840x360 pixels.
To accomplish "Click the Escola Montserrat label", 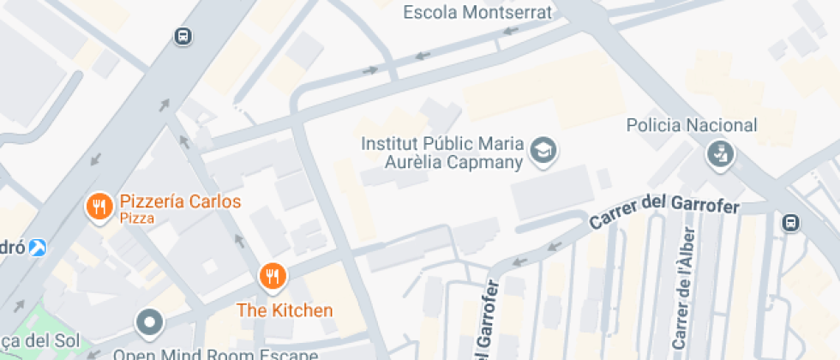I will (477, 12).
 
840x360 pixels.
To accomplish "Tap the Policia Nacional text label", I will (692, 126).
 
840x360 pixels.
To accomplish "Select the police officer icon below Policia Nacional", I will (718, 155).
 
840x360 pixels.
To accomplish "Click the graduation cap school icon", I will (543, 152).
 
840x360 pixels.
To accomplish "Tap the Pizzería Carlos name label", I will (180, 202).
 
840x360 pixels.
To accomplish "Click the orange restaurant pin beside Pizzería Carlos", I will (99, 207).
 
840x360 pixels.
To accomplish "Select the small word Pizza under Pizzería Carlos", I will (137, 219).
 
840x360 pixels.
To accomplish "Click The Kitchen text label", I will (285, 310).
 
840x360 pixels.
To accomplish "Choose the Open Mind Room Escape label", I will (215, 354).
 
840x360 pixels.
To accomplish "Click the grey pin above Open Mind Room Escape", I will (151, 323).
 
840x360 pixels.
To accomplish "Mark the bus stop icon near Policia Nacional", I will (790, 223).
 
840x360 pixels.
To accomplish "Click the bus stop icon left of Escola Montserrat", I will (183, 36).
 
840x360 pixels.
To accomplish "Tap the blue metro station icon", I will (38, 248).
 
